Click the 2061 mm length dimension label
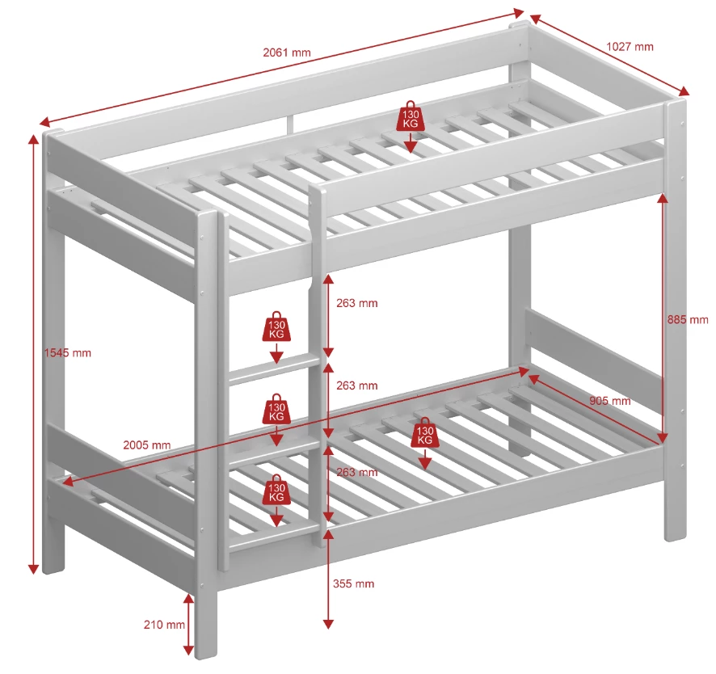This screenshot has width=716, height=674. (x=287, y=53)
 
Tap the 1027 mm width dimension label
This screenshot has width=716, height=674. (x=630, y=46)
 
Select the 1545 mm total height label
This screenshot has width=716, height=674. (x=68, y=353)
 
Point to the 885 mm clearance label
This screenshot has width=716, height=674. (x=688, y=319)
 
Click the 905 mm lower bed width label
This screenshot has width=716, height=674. (x=610, y=401)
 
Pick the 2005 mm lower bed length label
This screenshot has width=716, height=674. (x=146, y=444)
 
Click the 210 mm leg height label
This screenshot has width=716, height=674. (x=165, y=625)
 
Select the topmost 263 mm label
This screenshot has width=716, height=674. (x=356, y=303)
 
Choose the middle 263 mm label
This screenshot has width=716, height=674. (x=356, y=385)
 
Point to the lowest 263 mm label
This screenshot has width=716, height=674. (x=356, y=472)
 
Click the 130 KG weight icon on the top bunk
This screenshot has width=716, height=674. (x=411, y=116)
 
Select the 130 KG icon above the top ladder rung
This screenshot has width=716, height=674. (x=276, y=326)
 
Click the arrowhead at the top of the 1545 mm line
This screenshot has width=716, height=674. (x=33, y=138)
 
